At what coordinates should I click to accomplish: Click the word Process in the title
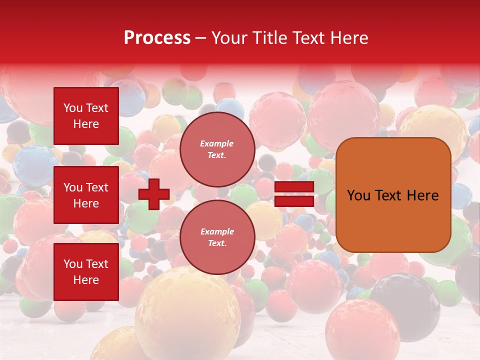pos(157,38)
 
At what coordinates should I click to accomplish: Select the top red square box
pos(86,116)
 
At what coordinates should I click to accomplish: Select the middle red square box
pos(86,195)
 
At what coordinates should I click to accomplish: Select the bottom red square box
pos(86,271)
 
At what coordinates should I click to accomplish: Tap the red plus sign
pos(154,194)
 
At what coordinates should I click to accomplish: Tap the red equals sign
pos(294,194)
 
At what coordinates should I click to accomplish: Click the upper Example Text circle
pos(217,149)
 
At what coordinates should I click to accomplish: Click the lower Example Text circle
pos(217,237)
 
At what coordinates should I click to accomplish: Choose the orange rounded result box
pos(393,195)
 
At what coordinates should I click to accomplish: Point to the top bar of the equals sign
pos(294,187)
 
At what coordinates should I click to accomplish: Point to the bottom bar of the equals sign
pos(294,201)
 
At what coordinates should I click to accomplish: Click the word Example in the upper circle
pos(217,144)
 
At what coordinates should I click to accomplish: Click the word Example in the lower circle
pos(217,232)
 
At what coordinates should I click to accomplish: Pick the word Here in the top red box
pos(86,124)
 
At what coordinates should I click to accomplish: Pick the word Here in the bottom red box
pos(86,280)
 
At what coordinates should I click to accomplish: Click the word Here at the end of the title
pos(349,38)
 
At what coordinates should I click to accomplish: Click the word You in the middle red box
pos(73,187)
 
